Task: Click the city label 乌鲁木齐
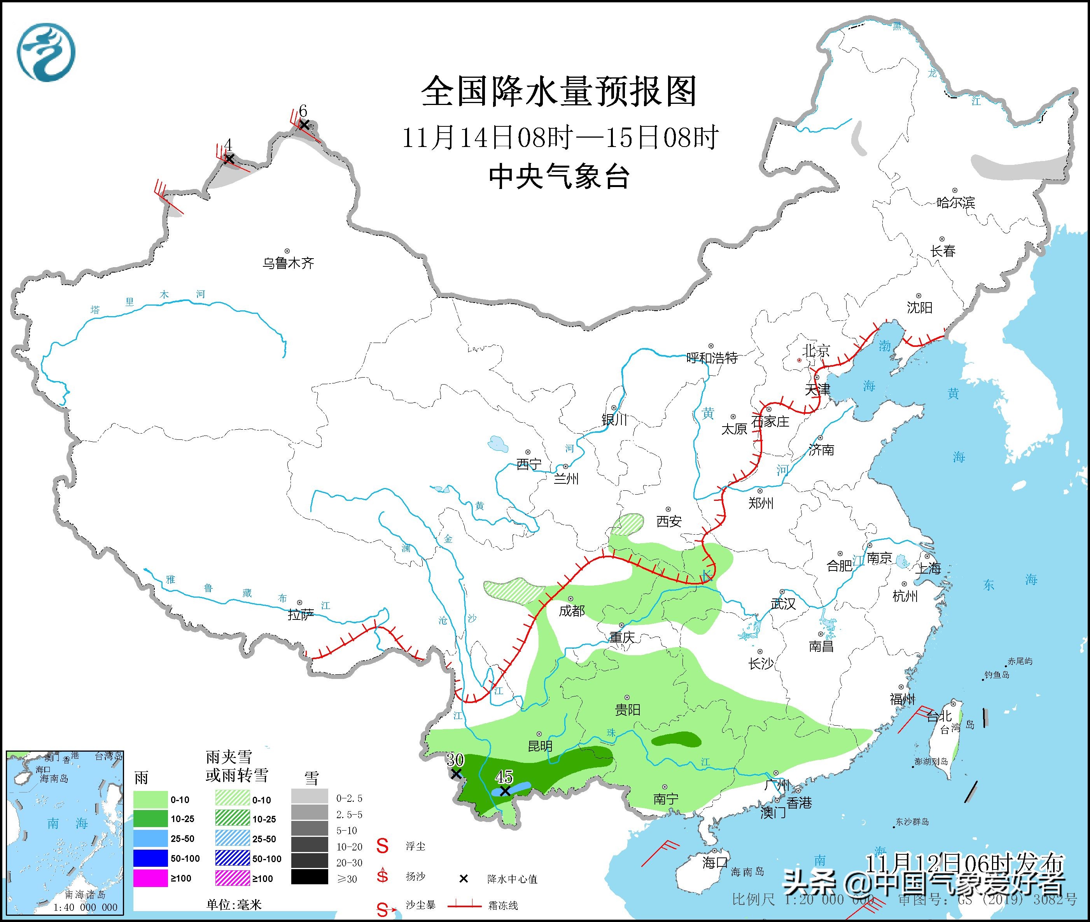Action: click(288, 263)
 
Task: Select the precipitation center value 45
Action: click(504, 777)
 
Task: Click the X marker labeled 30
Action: click(456, 773)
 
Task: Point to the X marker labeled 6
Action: click(304, 124)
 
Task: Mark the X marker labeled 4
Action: click(228, 158)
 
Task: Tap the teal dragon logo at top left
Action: click(46, 52)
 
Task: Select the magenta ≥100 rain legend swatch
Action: click(150, 878)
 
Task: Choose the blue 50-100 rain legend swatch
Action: click(150, 859)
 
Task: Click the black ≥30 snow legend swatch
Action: click(310, 878)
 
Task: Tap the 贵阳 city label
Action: click(627, 710)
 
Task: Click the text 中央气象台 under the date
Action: click(559, 177)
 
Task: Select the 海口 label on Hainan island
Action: click(715, 863)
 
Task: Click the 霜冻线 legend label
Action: click(502, 906)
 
